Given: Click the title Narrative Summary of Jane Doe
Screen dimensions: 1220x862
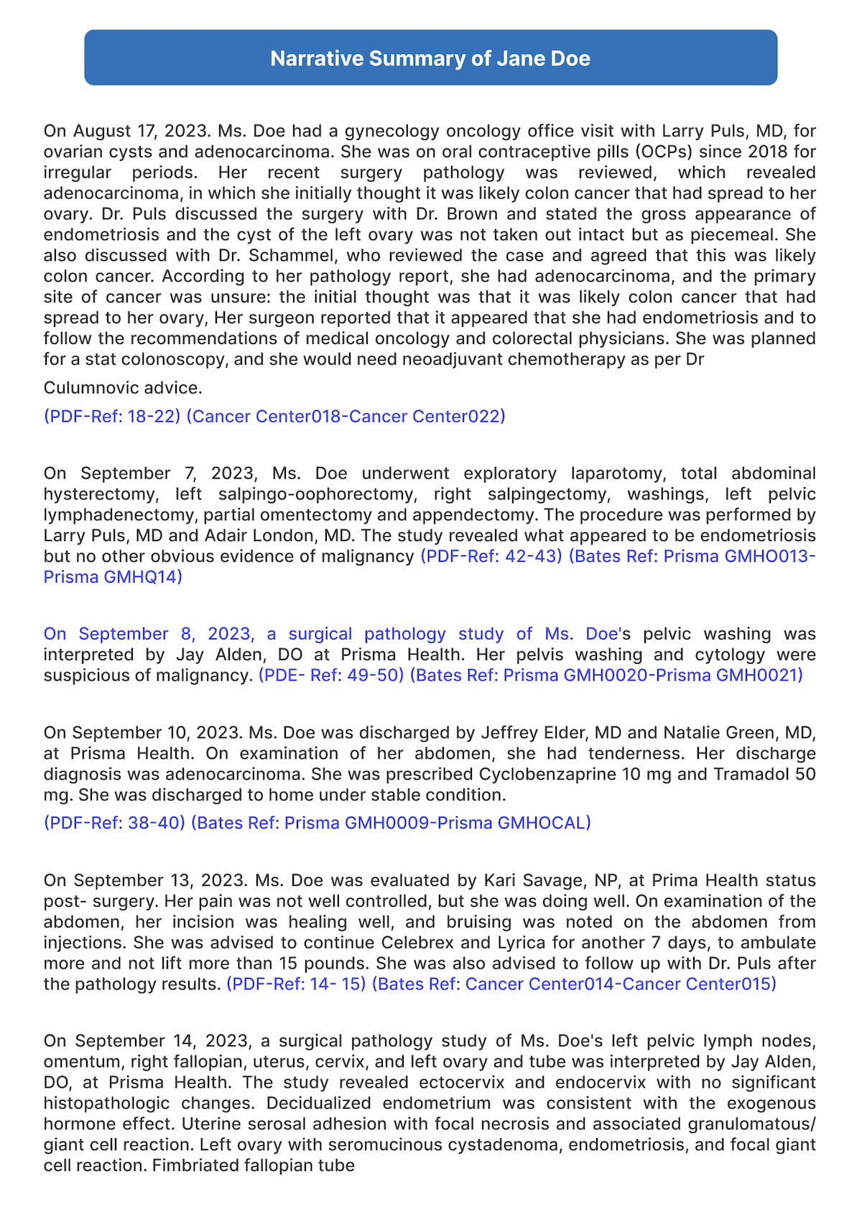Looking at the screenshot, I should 430,58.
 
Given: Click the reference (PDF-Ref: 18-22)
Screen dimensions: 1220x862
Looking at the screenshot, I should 112,417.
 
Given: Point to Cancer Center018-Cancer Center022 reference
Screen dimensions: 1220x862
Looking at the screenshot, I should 346,417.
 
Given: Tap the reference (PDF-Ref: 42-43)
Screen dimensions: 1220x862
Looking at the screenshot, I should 491,557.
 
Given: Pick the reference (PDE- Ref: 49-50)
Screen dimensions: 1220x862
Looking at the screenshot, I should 331,675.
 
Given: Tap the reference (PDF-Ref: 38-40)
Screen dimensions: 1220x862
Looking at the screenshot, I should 114,823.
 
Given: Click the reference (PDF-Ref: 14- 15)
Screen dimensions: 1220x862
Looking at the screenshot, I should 296,984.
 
